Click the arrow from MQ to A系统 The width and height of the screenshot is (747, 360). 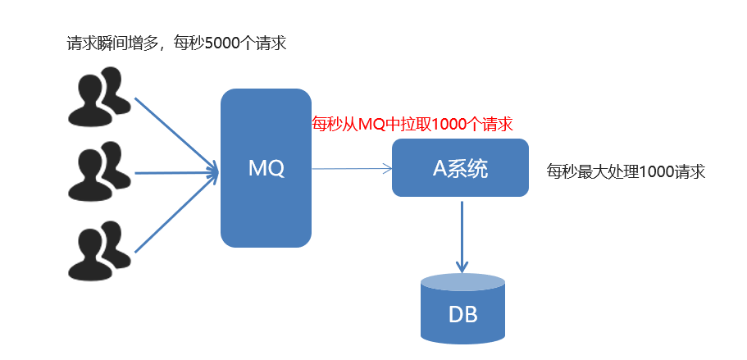[x=351, y=169]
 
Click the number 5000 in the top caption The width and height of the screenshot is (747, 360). [x=226, y=43]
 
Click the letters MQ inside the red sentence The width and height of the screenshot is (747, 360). [x=371, y=125]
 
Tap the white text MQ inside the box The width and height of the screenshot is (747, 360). [x=266, y=169]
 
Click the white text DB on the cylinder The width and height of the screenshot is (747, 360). [x=462, y=315]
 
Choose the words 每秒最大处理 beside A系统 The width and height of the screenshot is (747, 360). [x=585, y=172]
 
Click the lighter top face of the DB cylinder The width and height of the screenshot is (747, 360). [x=462, y=283]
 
